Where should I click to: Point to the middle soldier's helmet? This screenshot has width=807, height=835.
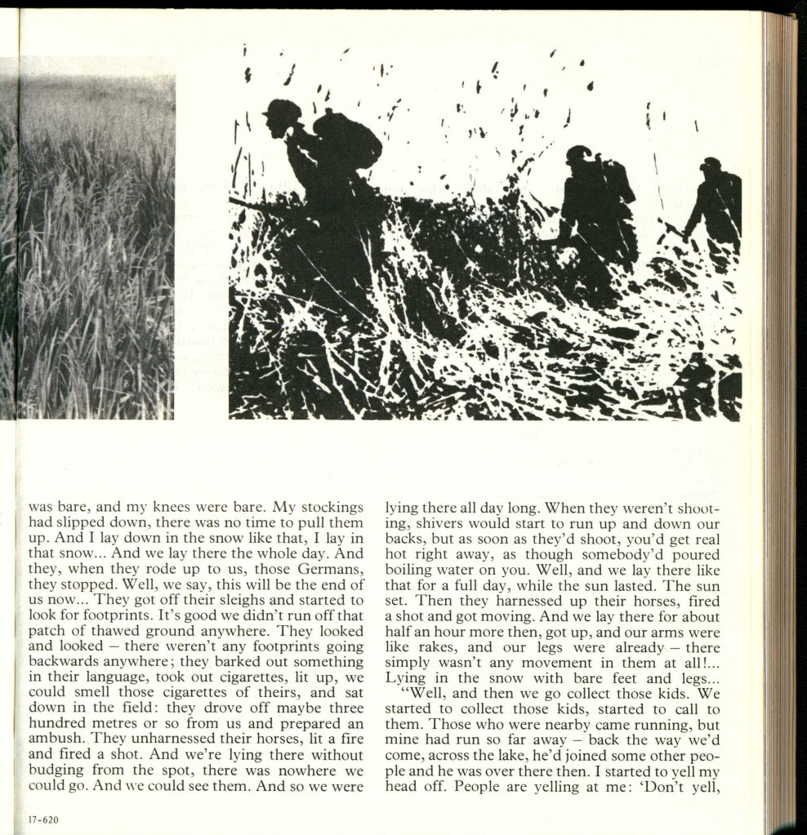coord(579,153)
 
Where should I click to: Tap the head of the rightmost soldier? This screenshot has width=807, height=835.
coord(712,165)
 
